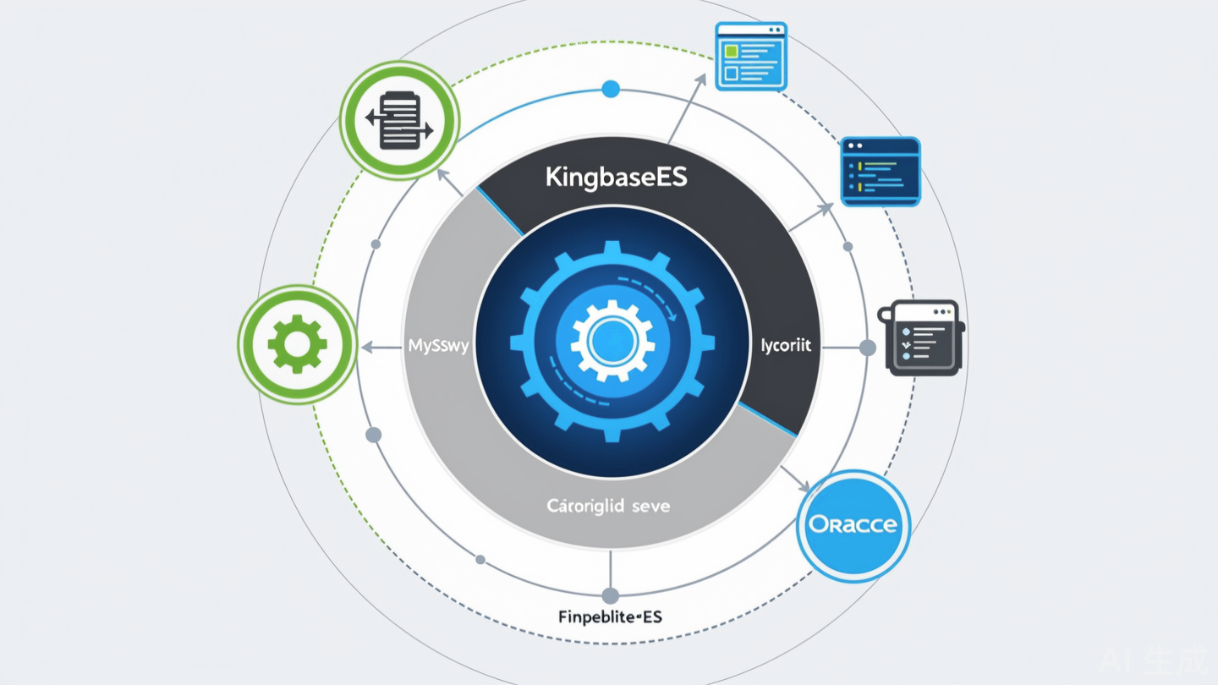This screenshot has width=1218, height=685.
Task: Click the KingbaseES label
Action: tap(616, 178)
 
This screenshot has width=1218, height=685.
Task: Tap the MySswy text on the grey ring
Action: tap(438, 346)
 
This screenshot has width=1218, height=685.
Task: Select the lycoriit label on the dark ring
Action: tap(786, 346)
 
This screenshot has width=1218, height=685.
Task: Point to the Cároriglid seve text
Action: tap(608, 507)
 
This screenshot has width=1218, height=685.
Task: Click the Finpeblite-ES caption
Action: tap(610, 617)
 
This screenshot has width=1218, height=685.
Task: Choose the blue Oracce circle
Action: tap(853, 525)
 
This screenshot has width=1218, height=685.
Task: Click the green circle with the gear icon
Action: tap(297, 344)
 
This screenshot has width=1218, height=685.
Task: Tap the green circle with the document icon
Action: tap(399, 120)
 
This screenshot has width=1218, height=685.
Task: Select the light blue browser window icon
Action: tap(751, 57)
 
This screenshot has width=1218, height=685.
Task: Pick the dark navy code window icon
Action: tap(880, 172)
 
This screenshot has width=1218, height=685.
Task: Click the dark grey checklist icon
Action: tap(922, 337)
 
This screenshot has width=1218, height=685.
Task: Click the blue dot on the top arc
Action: tap(611, 89)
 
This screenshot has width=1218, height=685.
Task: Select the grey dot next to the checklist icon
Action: tap(867, 348)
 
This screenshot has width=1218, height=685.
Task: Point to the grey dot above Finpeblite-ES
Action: tap(611, 595)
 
